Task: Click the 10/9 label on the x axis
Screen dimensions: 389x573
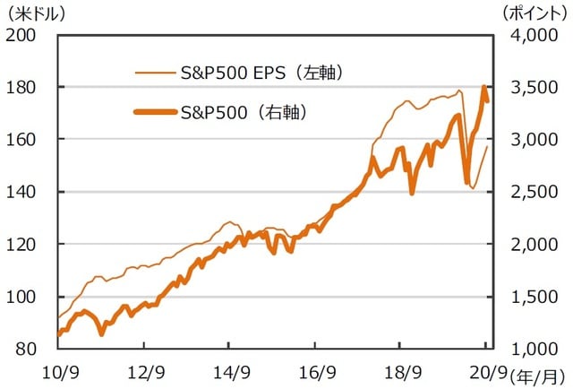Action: point(59,371)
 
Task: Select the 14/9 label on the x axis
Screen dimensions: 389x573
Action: point(231,371)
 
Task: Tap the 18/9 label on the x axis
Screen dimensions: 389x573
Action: point(403,371)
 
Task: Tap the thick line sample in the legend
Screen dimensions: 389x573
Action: point(154,112)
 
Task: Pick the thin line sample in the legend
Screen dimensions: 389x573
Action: point(154,71)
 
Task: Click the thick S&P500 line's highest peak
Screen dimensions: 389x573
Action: point(484,87)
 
